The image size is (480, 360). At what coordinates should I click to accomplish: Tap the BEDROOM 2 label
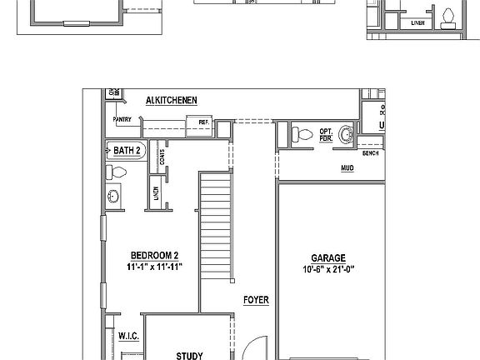155,255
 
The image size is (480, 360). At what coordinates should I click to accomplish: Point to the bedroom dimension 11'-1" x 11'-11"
155,267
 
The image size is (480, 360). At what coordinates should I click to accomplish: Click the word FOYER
255,300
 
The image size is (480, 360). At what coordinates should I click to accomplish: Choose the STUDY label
189,356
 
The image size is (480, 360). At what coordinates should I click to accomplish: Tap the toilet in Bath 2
117,172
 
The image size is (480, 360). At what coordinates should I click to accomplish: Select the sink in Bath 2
113,197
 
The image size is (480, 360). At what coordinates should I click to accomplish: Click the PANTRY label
122,119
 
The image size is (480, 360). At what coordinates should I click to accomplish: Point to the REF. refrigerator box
202,122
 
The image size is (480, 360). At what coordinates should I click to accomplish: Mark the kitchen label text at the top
172,100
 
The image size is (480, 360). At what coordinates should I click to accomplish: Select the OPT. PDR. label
326,135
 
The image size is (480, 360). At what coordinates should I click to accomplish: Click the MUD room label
347,167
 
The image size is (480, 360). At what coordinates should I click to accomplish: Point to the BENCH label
370,154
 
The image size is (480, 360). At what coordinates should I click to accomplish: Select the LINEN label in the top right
417,24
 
